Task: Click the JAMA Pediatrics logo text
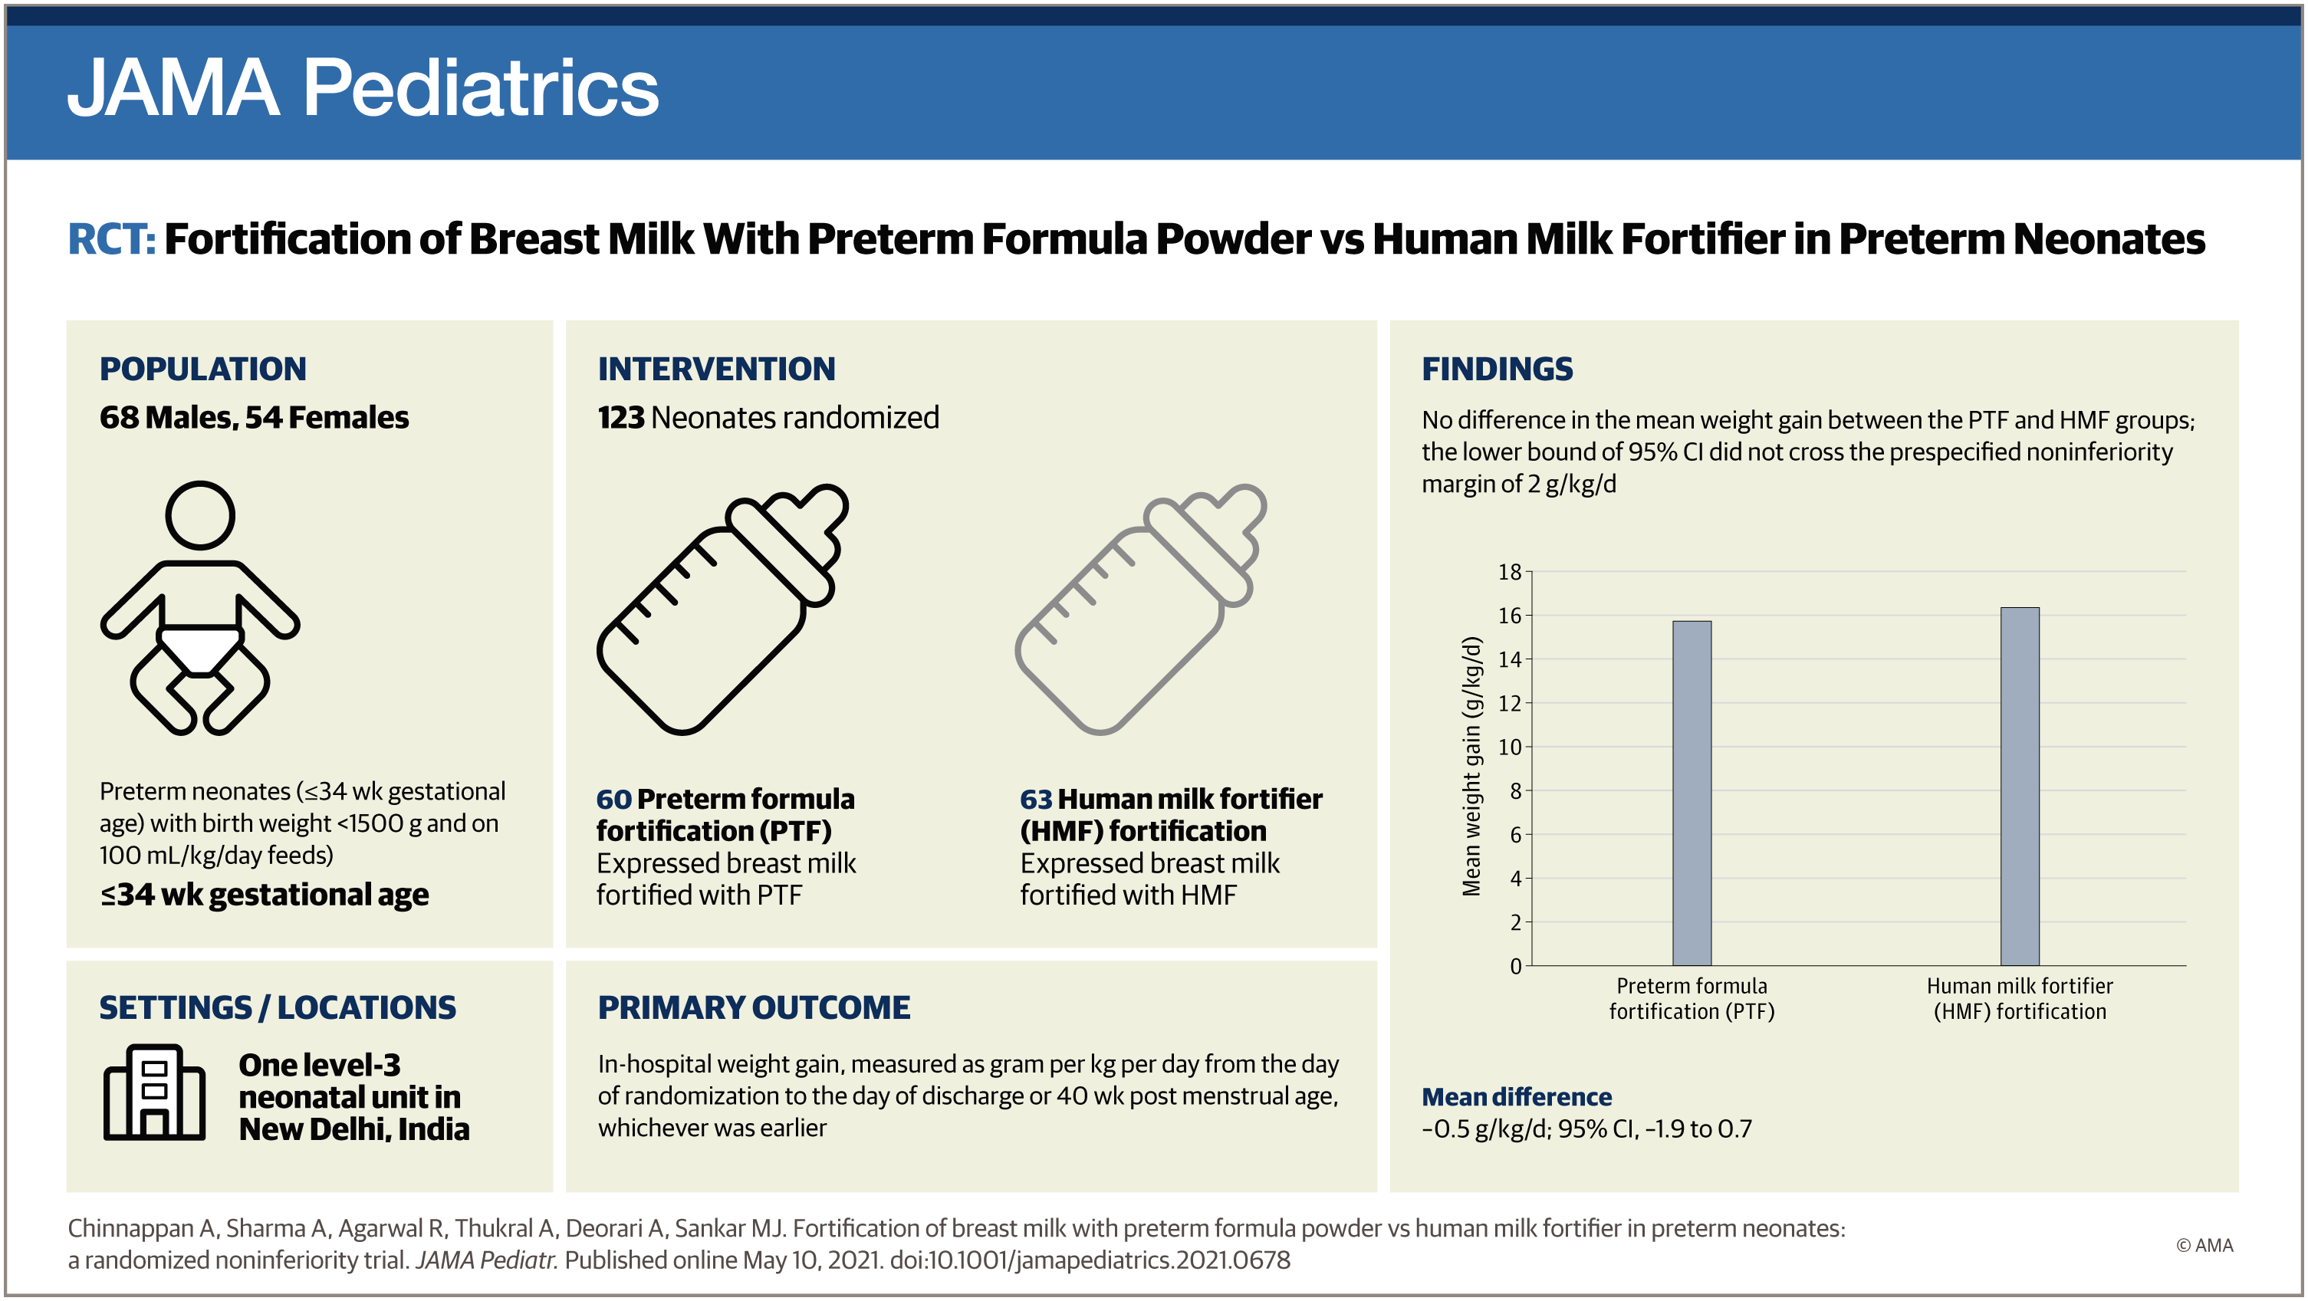(x=363, y=88)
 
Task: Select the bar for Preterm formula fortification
(x=1692, y=793)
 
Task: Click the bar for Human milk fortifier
(x=2020, y=786)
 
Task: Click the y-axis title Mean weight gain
(x=1471, y=766)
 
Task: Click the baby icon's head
(x=200, y=515)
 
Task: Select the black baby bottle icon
(x=722, y=609)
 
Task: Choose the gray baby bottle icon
(x=1140, y=609)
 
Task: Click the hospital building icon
(x=154, y=1092)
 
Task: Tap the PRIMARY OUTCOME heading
(x=754, y=1007)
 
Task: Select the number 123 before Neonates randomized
(x=621, y=418)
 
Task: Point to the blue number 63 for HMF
(x=1036, y=800)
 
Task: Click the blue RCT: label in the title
(x=111, y=239)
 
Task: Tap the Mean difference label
(x=1516, y=1097)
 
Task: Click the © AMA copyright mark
(x=2204, y=1246)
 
